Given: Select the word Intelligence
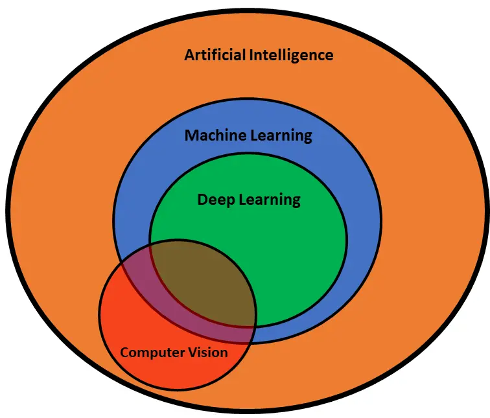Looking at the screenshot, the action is tap(291, 56).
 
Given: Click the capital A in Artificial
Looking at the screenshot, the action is tap(190, 55).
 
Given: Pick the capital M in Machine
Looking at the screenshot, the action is tap(192, 135).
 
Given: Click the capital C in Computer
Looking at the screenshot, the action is tap(124, 353).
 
